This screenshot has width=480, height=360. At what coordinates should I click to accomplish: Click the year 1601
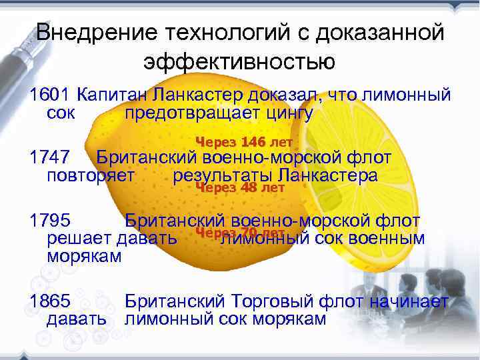pyautogui.click(x=50, y=95)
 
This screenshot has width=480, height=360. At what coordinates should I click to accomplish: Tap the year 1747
pyautogui.click(x=50, y=158)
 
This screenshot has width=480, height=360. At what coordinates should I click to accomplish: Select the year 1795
pyautogui.click(x=50, y=221)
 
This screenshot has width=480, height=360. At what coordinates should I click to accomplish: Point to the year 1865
pyautogui.click(x=50, y=301)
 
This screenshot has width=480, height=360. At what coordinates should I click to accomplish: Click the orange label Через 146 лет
pyautogui.click(x=244, y=141)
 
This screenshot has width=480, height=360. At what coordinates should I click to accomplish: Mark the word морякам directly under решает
pyautogui.click(x=85, y=256)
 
